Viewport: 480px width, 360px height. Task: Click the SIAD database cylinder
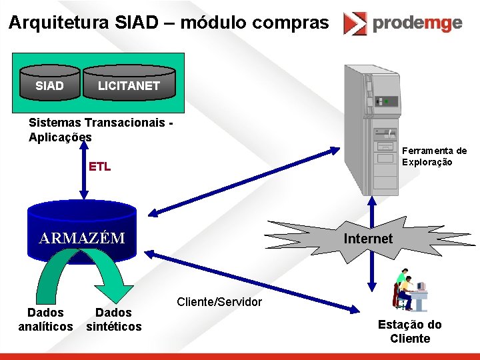(x=49, y=86)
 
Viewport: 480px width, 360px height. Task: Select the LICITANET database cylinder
(x=129, y=86)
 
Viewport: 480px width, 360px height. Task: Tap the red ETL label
(x=100, y=167)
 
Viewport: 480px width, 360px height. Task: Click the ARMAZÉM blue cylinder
(x=82, y=233)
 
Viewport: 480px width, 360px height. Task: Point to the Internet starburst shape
(x=368, y=238)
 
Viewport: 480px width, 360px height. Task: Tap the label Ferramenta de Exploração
(x=434, y=157)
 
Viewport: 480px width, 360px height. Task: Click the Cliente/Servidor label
(x=219, y=302)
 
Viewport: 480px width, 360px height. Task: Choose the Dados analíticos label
(x=45, y=319)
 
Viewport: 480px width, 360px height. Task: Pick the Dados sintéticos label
(x=114, y=319)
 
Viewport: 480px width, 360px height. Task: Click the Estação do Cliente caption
(x=409, y=332)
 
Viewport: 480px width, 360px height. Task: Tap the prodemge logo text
(x=417, y=23)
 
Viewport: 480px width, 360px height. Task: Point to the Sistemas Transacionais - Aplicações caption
(x=100, y=129)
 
